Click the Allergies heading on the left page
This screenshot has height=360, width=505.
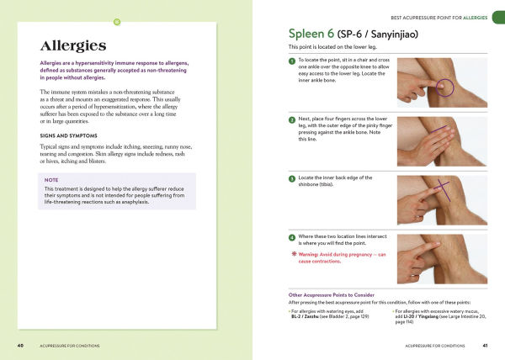(x=72, y=45)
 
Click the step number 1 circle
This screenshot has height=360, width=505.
(x=291, y=62)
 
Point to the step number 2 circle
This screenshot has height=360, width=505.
(x=291, y=120)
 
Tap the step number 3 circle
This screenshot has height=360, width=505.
(x=291, y=178)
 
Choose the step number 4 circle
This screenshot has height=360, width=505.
(x=291, y=238)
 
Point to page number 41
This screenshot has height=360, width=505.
(x=485, y=346)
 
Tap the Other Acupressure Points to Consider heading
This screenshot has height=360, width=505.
(x=330, y=294)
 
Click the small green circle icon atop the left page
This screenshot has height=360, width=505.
(x=117, y=19)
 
